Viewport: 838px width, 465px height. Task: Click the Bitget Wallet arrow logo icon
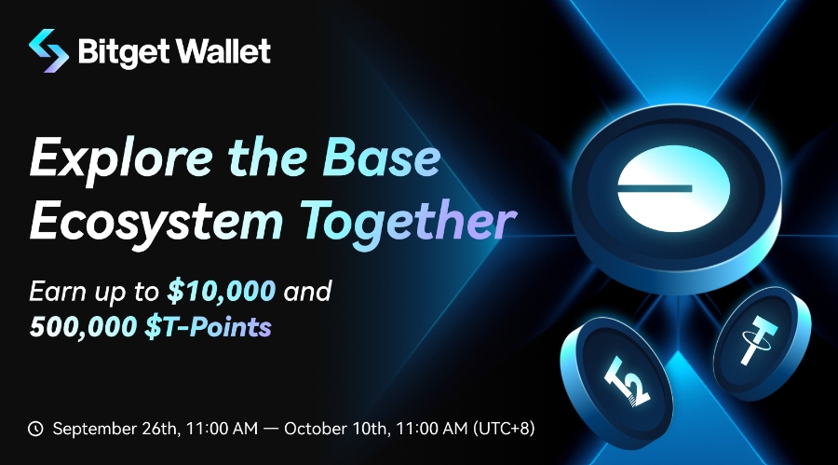tap(48, 49)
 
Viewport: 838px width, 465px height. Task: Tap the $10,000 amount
tap(222, 291)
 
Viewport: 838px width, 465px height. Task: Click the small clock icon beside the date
tap(36, 429)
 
